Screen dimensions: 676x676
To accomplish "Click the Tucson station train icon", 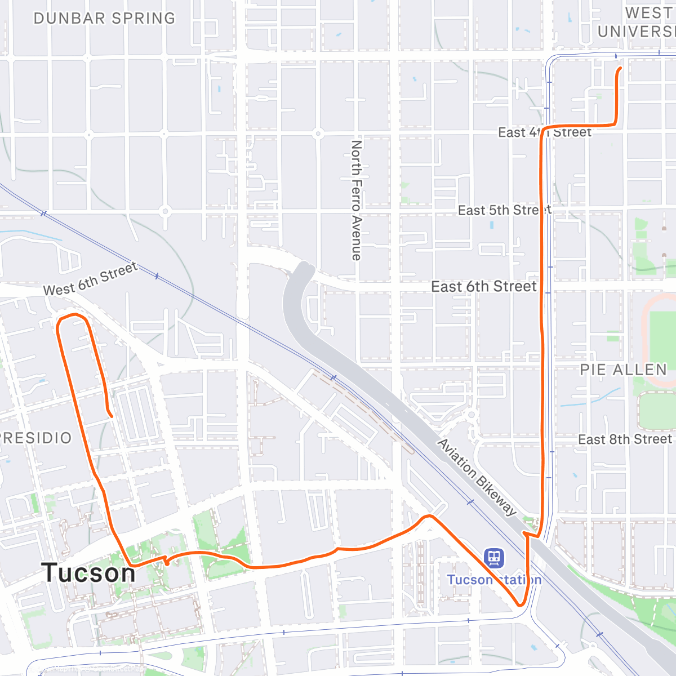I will (494, 558).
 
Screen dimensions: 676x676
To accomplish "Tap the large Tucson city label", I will (88, 573).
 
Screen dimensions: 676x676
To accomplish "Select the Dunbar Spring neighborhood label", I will (104, 19).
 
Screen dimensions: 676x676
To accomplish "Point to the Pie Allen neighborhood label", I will (624, 370).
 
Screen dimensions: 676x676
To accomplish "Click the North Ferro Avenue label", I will (356, 201).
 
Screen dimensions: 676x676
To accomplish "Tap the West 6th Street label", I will (90, 279).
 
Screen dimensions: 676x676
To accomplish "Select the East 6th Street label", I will (483, 287).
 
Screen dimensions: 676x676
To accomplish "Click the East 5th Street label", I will (504, 211).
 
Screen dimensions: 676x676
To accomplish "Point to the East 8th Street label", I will (625, 439).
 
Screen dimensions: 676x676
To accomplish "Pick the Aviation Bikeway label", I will (477, 478).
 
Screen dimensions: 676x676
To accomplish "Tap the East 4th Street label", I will (545, 133).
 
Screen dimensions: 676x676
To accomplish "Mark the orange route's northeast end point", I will (620, 69).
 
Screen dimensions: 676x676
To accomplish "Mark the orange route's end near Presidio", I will (112, 416).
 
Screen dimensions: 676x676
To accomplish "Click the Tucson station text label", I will (494, 580).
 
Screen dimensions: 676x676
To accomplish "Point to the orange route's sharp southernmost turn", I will (521, 605).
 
